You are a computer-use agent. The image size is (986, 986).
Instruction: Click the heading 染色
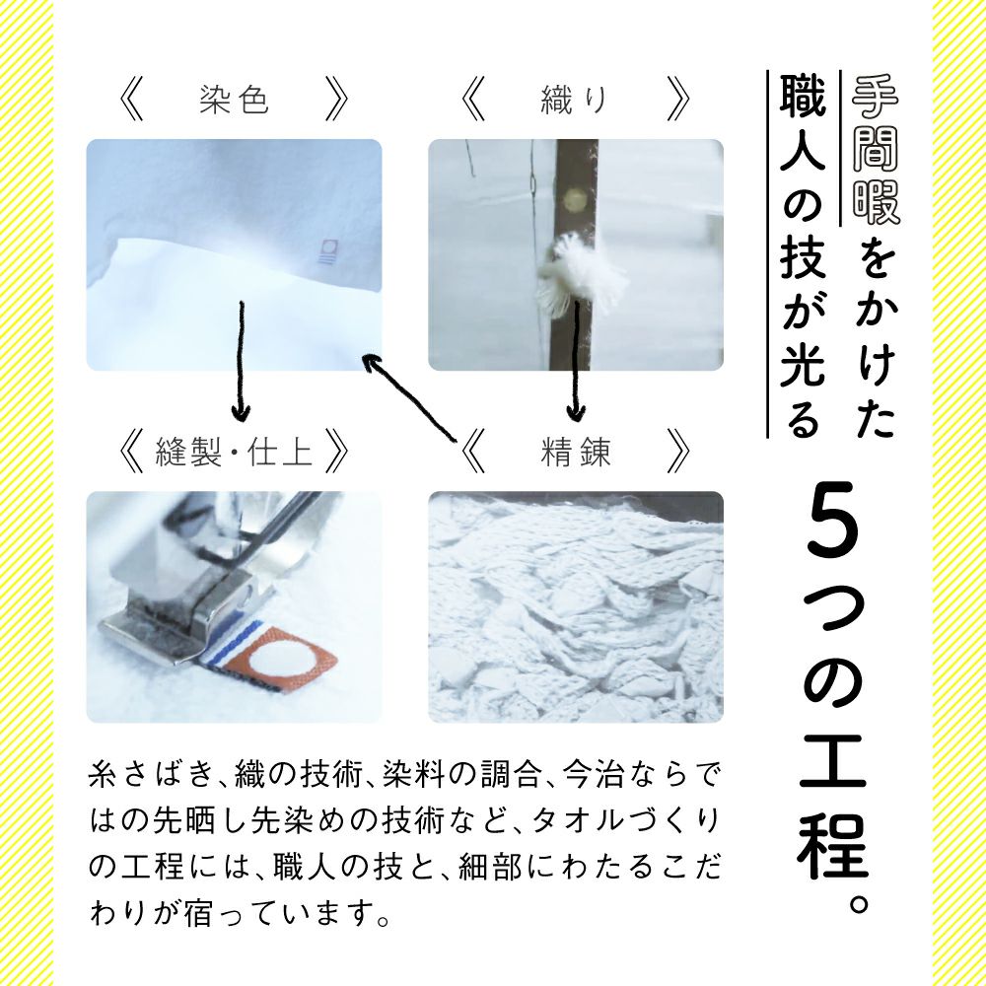tap(234, 101)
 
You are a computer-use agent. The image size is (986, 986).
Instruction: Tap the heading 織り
tap(574, 101)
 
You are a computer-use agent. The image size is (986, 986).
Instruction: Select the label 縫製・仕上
tap(234, 452)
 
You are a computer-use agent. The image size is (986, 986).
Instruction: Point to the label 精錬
tap(576, 452)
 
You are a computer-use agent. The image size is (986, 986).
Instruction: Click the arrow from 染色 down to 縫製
tap(238, 360)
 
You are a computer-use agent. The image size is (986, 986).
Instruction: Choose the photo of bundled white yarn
tap(576, 606)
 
